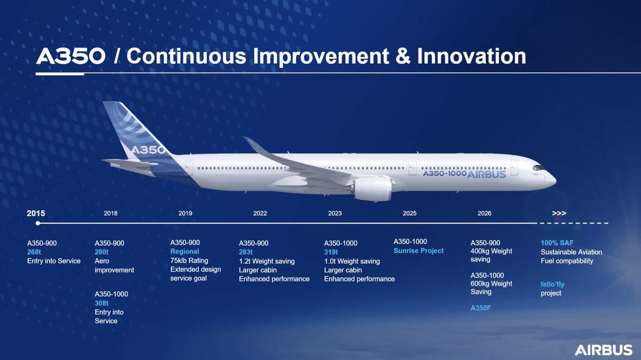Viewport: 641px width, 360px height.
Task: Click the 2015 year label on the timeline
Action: coord(36,213)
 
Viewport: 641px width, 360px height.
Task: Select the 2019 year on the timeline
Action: coord(185,213)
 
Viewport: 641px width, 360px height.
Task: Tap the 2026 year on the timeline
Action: coord(484,213)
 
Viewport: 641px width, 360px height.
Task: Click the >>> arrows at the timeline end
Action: coord(559,213)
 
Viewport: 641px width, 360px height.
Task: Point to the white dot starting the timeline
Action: coord(38,223)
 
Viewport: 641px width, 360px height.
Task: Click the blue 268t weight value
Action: coord(34,252)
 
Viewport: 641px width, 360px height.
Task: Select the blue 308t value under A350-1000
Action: coord(101,303)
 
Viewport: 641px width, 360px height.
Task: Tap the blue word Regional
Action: coord(185,252)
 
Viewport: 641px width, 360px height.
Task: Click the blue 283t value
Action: coord(246,252)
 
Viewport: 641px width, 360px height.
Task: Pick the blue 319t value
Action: coord(331,252)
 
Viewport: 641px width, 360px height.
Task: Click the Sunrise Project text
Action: coord(418,251)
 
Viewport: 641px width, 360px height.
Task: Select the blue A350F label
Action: coord(481,308)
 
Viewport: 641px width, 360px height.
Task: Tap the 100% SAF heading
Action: coord(557,243)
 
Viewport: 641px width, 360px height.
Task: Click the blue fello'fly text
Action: coord(552,285)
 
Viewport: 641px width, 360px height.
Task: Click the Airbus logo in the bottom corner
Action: coord(603,350)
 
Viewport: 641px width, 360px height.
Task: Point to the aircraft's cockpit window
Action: coord(538,168)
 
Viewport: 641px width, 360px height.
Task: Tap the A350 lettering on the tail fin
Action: coord(148,150)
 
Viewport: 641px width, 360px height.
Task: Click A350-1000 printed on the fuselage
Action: coord(444,174)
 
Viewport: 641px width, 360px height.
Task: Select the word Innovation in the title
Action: coord(472,56)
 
